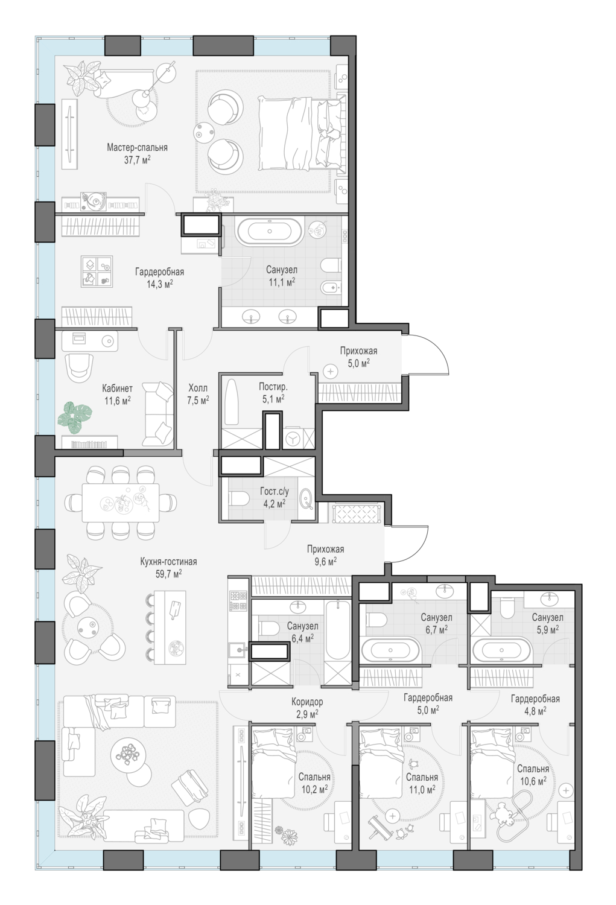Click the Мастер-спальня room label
[137, 147]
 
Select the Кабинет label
[117, 389]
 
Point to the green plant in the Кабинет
[75, 416]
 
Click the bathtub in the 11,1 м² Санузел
[269, 232]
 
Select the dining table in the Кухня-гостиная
[121, 503]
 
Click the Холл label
[198, 389]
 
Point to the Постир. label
[273, 387]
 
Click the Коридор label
[307, 702]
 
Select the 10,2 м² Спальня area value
[314, 789]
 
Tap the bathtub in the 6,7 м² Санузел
[390, 650]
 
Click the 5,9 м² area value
[547, 629]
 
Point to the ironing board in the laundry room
[232, 402]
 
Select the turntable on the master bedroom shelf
[94, 201]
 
